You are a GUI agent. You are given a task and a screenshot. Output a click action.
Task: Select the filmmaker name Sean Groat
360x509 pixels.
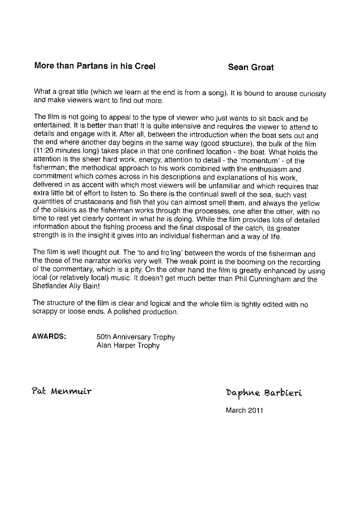coord(251,68)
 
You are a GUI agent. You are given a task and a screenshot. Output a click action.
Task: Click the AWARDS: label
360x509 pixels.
coord(49,337)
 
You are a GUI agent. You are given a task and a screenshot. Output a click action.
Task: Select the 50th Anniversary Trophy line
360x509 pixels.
coord(136,337)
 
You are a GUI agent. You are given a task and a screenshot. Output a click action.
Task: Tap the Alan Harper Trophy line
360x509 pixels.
coord(128,345)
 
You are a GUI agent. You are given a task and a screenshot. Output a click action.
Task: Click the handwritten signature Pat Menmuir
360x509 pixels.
coord(62,390)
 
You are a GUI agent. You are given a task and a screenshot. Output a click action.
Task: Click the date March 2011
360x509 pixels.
coord(244,411)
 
